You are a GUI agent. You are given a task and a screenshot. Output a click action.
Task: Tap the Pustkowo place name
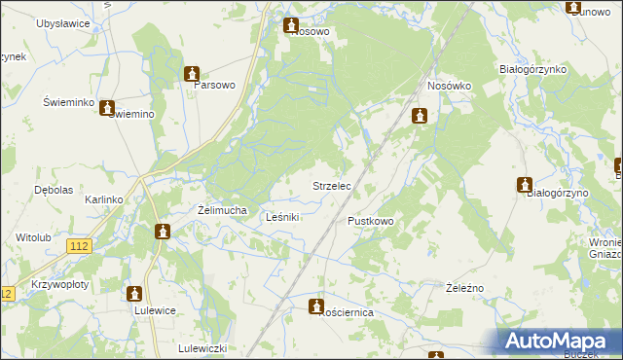tap(371, 222)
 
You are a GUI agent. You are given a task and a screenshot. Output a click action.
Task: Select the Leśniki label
tap(282, 217)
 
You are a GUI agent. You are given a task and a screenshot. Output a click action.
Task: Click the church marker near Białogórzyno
tap(525, 184)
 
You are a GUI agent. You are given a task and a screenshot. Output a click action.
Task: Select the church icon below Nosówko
tap(420, 116)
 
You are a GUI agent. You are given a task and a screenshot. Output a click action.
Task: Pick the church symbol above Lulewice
tap(134, 292)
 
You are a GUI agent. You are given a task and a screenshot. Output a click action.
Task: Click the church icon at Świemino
tap(107, 109)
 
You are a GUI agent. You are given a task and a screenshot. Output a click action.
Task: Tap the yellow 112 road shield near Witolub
tap(80, 247)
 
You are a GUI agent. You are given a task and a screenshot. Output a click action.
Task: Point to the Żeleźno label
tap(464, 288)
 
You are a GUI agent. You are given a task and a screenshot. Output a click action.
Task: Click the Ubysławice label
tap(62, 22)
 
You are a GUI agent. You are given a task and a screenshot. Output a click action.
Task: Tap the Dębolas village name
tap(54, 190)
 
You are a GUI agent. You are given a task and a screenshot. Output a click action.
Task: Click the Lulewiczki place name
tap(202, 348)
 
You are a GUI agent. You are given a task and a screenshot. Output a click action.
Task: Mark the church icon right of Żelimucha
tap(163, 231)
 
